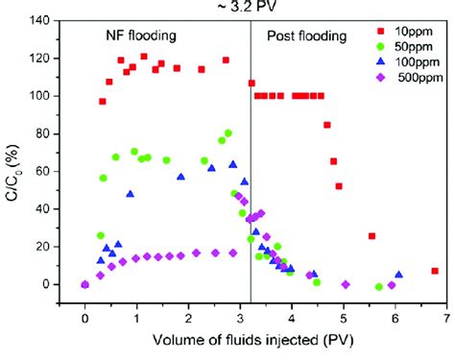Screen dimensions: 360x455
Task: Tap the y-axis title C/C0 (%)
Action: (x=13, y=163)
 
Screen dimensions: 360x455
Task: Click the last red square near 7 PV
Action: (x=435, y=271)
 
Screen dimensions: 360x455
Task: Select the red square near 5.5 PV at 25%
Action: (x=371, y=236)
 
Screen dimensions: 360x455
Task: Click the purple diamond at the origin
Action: (x=85, y=284)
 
